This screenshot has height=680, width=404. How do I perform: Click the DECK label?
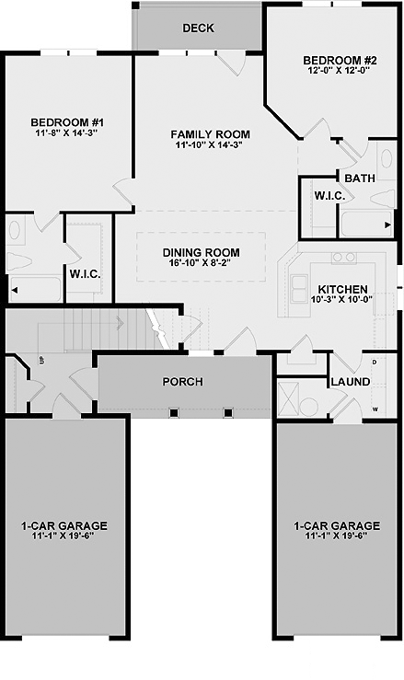[198, 29]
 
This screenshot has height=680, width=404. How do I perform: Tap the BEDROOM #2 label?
[334, 60]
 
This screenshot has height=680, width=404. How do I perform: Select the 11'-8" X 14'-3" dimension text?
[67, 133]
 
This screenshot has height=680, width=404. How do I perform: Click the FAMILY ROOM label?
[210, 134]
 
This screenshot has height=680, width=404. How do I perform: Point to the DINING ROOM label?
[201, 252]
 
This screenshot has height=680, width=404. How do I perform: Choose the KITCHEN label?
[343, 289]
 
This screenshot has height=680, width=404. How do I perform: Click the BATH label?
[360, 178]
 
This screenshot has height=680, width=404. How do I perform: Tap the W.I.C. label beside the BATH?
[329, 196]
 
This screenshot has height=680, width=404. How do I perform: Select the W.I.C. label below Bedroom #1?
[85, 274]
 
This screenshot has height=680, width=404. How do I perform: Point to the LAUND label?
[351, 382]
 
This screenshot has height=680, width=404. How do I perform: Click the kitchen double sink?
[299, 288]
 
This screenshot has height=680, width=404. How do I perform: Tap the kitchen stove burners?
[344, 258]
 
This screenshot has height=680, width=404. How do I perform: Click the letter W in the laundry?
[375, 409]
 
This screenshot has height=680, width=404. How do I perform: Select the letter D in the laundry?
[375, 362]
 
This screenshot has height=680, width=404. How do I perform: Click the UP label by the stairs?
[42, 360]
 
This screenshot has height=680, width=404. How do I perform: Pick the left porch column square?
[174, 412]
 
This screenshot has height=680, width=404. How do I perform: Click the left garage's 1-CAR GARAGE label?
[64, 526]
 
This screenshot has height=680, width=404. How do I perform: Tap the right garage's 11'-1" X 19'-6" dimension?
[336, 536]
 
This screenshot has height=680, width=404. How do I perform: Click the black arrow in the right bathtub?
[387, 225]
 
